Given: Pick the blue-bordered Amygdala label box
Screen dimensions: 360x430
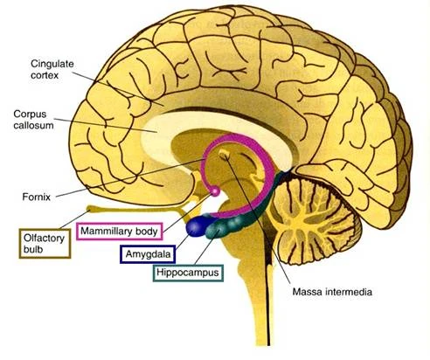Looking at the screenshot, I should pos(145,253).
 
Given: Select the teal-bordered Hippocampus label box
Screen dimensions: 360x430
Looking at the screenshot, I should pos(187,273).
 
